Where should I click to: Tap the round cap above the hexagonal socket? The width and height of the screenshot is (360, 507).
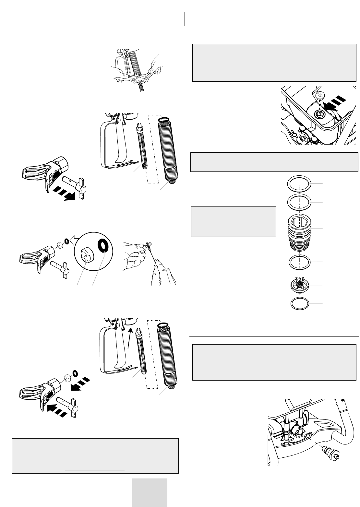point(320,96)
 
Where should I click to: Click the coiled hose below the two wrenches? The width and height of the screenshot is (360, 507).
point(141,87)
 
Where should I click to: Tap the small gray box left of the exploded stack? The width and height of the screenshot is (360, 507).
point(234,222)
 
